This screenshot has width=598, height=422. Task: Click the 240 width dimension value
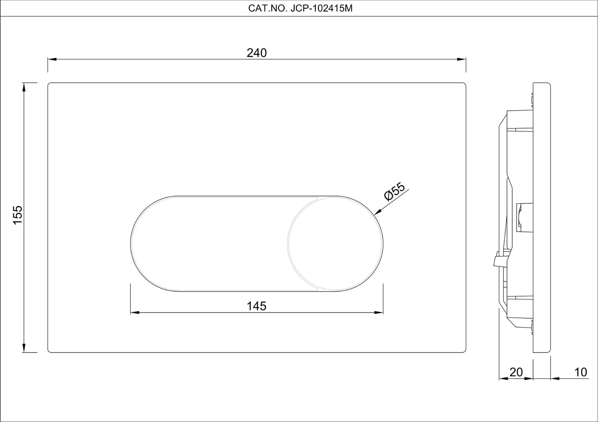257,53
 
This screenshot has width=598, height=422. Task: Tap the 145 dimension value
257,306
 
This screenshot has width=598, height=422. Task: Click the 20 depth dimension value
516,372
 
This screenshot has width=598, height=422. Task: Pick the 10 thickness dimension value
580,372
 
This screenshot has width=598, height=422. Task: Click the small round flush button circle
335,243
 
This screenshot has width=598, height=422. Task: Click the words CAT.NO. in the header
266,9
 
